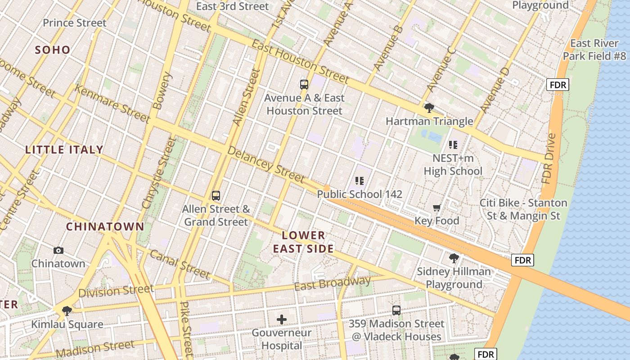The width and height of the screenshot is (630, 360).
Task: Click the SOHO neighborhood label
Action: (x=53, y=50)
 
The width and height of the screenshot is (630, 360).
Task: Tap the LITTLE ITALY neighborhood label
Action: (x=64, y=150)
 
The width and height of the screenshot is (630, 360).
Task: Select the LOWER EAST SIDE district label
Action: (x=303, y=242)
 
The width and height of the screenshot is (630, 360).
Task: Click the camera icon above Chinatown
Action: (x=58, y=251)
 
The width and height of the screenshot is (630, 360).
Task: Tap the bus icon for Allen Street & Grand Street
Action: (x=216, y=196)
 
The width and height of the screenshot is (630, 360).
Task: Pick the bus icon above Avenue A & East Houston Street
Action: (x=304, y=84)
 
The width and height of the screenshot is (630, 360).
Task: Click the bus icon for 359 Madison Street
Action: (x=396, y=310)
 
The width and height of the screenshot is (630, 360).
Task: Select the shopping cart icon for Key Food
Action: (x=436, y=208)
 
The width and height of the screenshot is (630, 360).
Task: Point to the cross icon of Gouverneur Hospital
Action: (x=282, y=319)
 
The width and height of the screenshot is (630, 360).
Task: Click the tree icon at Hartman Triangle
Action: (x=429, y=108)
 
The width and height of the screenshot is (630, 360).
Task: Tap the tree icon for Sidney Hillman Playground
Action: (x=454, y=258)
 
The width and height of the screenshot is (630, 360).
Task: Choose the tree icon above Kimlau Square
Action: (x=67, y=310)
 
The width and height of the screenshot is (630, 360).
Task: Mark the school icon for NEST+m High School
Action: (x=453, y=145)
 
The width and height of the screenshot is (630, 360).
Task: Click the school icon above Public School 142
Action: (x=359, y=181)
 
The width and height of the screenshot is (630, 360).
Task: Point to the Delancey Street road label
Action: (x=266, y=164)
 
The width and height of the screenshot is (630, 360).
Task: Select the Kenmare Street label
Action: (x=112, y=104)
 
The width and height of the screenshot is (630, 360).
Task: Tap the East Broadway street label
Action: (x=333, y=283)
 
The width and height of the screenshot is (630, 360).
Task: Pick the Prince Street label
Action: (x=75, y=23)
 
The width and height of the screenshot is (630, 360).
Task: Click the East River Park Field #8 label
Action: (x=594, y=49)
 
